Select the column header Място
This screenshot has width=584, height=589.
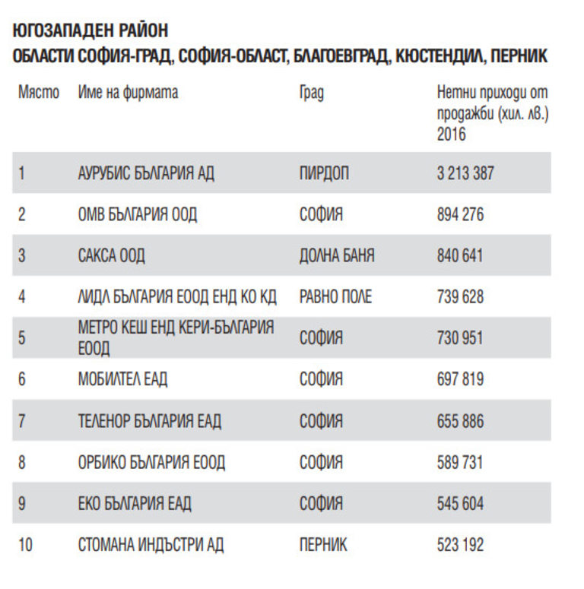point(39,93)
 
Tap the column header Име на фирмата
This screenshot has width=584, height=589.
point(128,93)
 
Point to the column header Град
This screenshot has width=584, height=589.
point(311,93)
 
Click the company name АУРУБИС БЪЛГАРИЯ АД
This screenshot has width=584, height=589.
point(146,173)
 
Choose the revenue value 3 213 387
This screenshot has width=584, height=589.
point(465,173)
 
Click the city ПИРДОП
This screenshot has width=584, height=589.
point(324,173)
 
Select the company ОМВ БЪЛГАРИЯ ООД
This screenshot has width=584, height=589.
point(137,214)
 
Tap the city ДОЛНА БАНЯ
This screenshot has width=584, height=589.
point(337,255)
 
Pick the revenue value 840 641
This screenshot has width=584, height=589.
point(460,255)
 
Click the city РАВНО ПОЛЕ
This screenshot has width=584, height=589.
point(335,296)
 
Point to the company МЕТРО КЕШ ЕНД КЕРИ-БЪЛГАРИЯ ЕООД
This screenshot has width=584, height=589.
point(176,337)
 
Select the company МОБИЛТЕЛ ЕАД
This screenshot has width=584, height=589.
point(122,378)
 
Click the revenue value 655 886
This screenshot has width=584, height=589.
point(460,420)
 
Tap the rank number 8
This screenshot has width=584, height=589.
point(22,461)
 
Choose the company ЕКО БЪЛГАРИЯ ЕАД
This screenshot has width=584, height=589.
point(135,503)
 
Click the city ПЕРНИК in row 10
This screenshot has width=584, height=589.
point(323,544)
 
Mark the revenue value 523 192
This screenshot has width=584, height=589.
point(460,544)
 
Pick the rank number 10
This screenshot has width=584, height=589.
point(25,544)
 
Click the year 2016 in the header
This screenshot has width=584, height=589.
point(452,135)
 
